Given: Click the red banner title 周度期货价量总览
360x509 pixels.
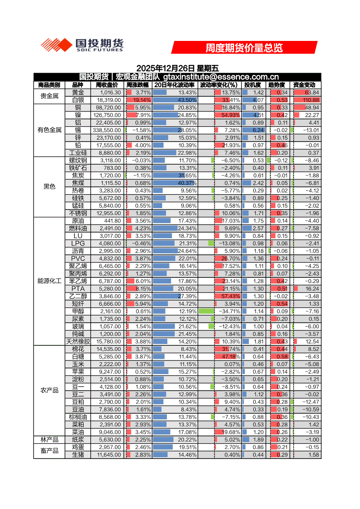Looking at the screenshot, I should (x=244, y=47).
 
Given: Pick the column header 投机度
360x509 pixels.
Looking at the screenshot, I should (x=252, y=85).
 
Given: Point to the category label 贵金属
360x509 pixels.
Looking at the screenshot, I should (x=49, y=96).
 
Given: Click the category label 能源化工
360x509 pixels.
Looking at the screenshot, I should (x=49, y=281).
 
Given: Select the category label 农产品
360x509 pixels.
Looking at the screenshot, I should (x=49, y=390).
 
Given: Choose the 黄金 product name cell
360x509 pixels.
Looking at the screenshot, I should (x=78, y=92).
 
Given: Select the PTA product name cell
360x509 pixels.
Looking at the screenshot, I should (x=78, y=288).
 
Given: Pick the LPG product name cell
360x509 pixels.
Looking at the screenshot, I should (x=78, y=243).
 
